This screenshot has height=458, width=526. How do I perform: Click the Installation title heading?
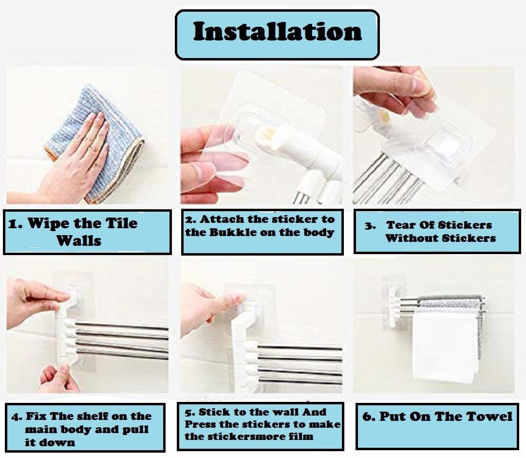point(277,32)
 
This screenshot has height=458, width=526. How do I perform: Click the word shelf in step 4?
point(93,416)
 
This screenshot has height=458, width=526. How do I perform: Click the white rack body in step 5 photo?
point(244,341)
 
